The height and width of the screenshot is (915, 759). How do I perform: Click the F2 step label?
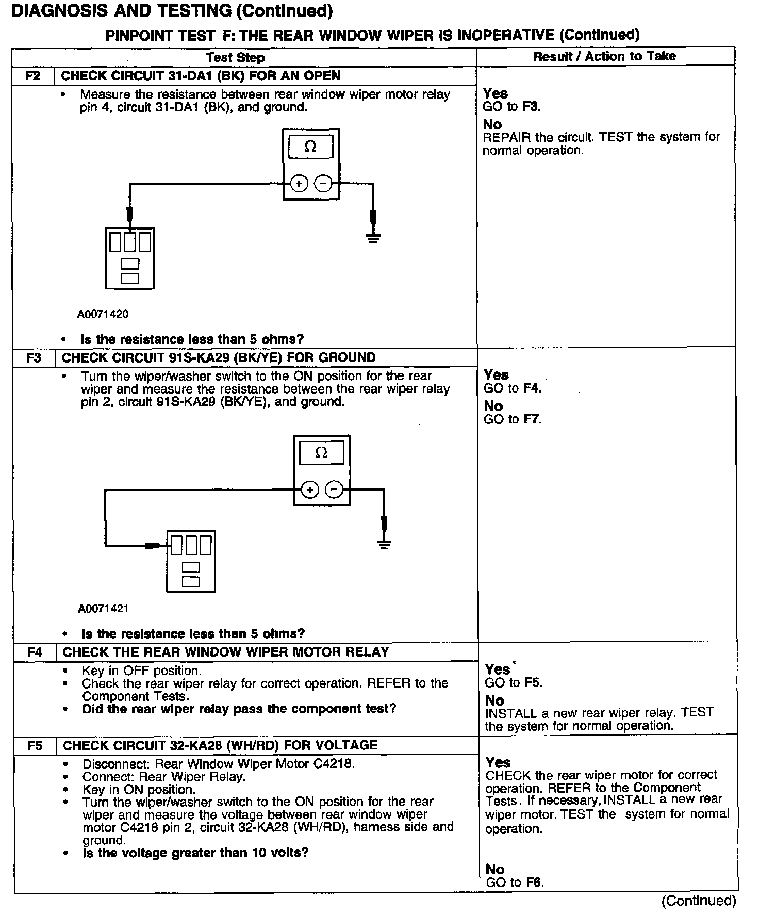click(33, 76)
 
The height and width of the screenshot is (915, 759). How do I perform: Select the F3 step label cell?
click(34, 357)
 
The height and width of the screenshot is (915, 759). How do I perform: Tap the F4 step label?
click(35, 652)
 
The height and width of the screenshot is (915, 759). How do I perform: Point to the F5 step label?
click(35, 745)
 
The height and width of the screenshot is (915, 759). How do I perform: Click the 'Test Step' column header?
click(235, 57)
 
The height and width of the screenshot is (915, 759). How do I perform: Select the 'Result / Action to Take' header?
click(604, 56)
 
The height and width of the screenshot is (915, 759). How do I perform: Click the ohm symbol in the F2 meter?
click(310, 147)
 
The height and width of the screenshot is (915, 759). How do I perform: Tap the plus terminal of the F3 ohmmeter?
click(309, 490)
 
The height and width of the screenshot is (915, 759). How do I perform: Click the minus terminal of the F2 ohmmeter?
click(323, 183)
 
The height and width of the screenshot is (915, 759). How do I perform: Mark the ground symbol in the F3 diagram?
click(384, 544)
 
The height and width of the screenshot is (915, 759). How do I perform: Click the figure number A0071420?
click(103, 314)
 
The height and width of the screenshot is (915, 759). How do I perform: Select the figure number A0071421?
click(103, 609)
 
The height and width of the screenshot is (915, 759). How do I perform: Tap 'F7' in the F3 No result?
click(532, 419)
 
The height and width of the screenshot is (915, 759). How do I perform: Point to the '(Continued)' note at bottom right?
click(699, 901)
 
